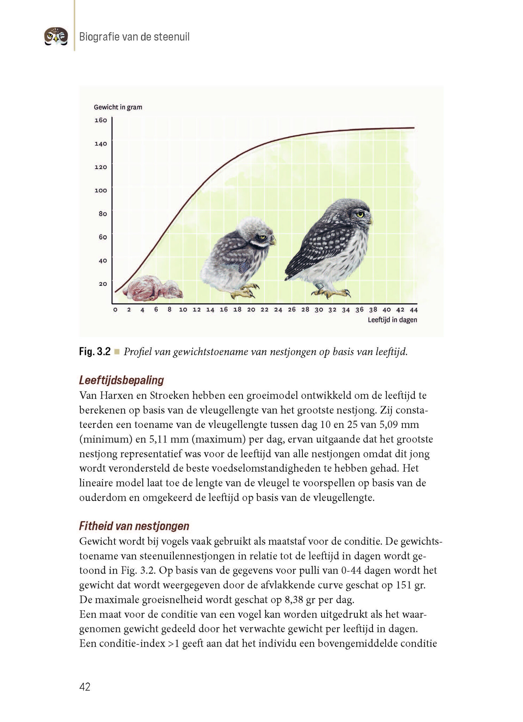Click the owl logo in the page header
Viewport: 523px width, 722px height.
56,37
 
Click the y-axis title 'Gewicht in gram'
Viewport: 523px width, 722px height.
118,107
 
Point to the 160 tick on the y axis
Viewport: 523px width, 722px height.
100,120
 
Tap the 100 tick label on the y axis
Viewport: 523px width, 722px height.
100,190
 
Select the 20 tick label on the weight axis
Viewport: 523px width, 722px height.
103,284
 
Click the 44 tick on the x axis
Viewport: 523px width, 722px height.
414,310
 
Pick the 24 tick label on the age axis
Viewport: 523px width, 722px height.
278,310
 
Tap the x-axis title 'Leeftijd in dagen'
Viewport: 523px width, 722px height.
392,320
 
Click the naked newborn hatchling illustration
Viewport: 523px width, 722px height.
153,288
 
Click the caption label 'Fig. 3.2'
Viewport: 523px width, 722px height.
95,351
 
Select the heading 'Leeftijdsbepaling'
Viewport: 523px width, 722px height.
122,380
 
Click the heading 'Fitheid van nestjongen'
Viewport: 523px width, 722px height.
134,526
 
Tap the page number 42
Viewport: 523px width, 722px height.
85,687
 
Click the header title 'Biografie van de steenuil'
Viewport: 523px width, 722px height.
134,37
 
